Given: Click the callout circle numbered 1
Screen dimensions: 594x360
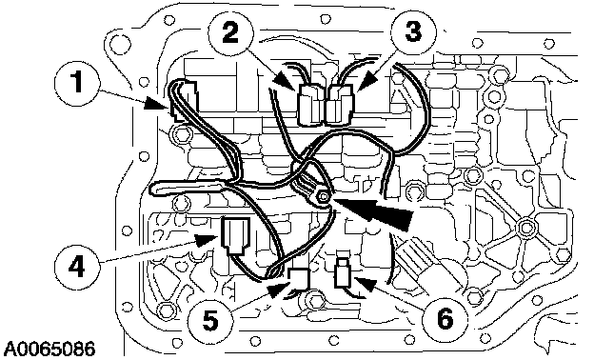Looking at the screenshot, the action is pyautogui.click(x=78, y=83).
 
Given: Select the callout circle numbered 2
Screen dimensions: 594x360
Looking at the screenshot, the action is pyautogui.click(x=231, y=32).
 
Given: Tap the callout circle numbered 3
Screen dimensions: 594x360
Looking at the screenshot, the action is pyautogui.click(x=413, y=31).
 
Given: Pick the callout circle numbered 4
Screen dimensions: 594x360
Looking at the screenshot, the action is pyautogui.click(x=77, y=267).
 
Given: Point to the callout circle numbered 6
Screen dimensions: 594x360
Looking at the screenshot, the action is pyautogui.click(x=445, y=317).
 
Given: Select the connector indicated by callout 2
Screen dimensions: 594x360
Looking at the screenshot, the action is pyautogui.click(x=311, y=104).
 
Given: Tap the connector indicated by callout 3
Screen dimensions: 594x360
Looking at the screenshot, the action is pyautogui.click(x=339, y=104).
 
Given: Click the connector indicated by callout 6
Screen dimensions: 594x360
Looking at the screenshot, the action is pyautogui.click(x=344, y=272).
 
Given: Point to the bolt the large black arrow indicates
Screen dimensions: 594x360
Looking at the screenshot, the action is pyautogui.click(x=323, y=196).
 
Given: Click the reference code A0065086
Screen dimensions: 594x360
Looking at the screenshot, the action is pyautogui.click(x=49, y=349).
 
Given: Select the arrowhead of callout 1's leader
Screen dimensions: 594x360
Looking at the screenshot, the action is pyautogui.click(x=156, y=104).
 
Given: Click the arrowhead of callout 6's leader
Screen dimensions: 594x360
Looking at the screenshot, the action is pyautogui.click(x=366, y=283).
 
